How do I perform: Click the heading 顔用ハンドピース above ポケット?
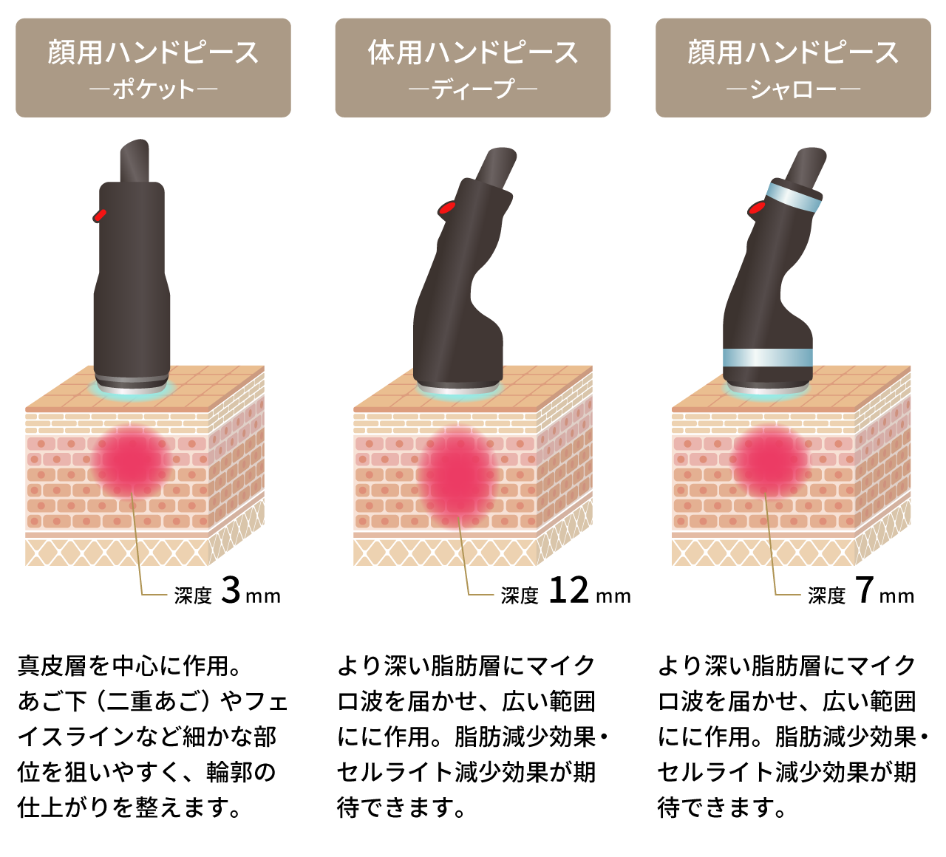(153, 52)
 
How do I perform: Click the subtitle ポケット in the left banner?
(153, 90)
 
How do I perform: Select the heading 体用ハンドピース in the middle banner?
(473, 52)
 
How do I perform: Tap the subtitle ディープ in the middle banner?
(473, 90)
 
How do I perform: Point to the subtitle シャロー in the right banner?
(793, 90)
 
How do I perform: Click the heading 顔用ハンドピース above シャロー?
(793, 52)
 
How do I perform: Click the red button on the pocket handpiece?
(100, 215)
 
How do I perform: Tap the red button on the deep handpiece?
(446, 208)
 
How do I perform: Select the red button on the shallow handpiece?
(757, 208)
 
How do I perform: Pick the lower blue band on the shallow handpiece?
(768, 358)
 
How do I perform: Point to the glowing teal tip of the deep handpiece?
(458, 392)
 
